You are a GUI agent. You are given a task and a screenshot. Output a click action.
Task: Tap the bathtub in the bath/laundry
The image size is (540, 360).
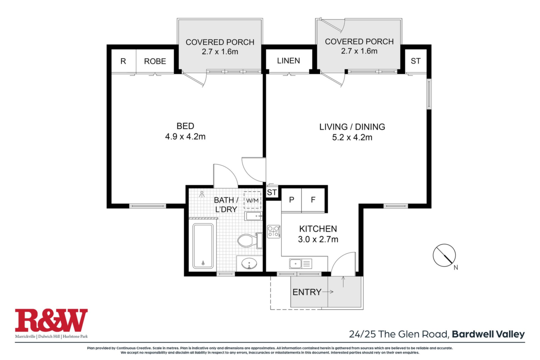[x=203, y=246]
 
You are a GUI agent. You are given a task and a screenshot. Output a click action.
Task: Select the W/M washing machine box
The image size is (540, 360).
[x=252, y=200]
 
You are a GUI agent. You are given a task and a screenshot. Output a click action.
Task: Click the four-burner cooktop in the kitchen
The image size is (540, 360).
[x=274, y=232]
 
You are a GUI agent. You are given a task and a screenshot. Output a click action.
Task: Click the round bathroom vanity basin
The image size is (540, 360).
[x=249, y=264]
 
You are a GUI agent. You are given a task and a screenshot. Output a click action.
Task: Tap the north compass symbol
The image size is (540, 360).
[x=444, y=255]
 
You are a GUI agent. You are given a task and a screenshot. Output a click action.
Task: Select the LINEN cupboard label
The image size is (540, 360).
[x=289, y=61]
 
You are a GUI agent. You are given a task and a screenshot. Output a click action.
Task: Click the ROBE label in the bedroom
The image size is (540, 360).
[x=155, y=61]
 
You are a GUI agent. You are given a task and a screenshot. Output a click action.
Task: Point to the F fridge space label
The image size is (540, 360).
[x=313, y=200]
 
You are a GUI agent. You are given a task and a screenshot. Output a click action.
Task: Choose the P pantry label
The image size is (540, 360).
[x=292, y=200]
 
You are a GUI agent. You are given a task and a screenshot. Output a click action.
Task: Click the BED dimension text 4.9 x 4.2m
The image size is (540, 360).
[x=185, y=137]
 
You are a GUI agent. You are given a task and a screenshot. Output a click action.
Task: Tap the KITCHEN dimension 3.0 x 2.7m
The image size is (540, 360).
[x=318, y=239]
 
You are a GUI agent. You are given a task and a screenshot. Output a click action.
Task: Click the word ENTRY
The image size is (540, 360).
[x=307, y=292]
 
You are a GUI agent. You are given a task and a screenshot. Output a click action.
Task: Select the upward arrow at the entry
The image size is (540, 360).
[x=343, y=282]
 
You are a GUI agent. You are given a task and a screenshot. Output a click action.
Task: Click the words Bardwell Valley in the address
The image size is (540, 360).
[x=488, y=334]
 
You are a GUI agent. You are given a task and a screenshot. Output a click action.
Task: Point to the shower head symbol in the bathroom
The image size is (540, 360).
[x=202, y=194]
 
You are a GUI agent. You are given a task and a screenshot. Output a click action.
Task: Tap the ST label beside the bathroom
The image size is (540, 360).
[x=272, y=193]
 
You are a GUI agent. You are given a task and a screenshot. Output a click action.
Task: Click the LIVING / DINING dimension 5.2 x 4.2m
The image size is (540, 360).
[x=352, y=137]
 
